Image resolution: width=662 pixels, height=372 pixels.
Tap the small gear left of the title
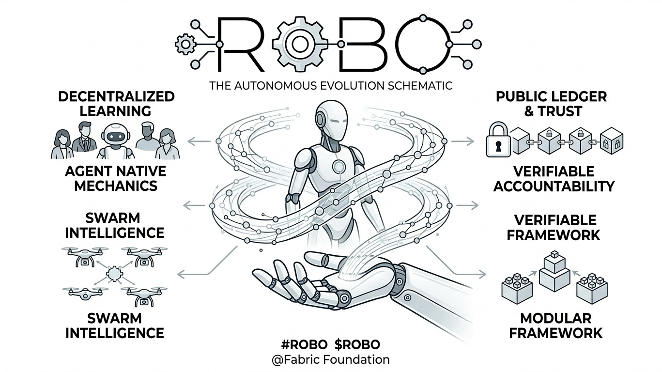click(x=185, y=45)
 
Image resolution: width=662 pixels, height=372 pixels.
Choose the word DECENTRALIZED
click(x=116, y=96)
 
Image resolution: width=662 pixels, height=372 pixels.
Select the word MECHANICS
click(x=116, y=186)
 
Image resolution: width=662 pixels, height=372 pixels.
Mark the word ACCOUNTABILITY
click(x=554, y=186)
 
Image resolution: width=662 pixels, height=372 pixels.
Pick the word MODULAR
click(x=555, y=318)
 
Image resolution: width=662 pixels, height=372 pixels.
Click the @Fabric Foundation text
click(x=331, y=360)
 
